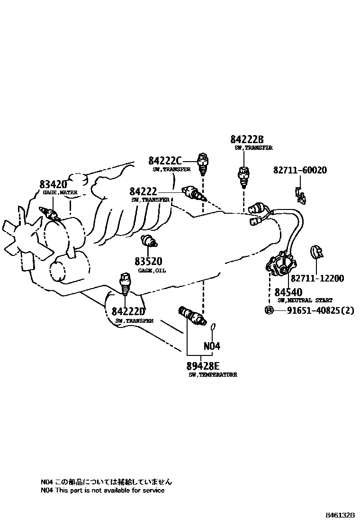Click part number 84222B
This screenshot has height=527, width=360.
tap(247, 139)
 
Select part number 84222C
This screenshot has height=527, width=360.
tap(165, 161)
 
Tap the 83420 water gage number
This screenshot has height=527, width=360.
tap(53, 185)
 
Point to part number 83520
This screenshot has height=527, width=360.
tap(148, 262)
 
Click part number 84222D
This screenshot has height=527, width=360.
tap(128, 312)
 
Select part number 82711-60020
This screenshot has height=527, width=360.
tap(300, 171)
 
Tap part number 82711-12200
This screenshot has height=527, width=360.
tap(317, 279)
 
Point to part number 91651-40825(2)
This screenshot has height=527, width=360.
tap(320, 310)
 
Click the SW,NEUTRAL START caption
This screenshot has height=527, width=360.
tap(305, 300)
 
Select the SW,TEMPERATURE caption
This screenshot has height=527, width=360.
tap(213, 374)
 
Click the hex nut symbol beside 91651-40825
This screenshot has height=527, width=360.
tap(268, 310)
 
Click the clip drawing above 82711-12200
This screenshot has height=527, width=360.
tap(316, 252)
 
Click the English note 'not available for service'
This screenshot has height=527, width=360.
tap(103, 491)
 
